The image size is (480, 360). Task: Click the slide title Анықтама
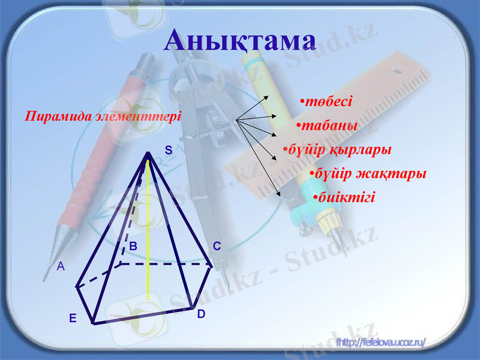(240, 40)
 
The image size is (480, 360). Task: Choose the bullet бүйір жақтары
(368, 173)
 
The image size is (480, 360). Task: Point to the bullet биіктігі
(343, 197)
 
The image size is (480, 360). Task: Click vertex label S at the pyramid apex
(169, 151)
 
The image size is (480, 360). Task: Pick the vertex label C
(217, 246)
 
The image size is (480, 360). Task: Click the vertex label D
(201, 314)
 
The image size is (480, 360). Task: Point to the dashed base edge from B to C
(168, 263)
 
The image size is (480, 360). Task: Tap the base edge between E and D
(144, 316)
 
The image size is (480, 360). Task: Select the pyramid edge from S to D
(171, 234)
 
